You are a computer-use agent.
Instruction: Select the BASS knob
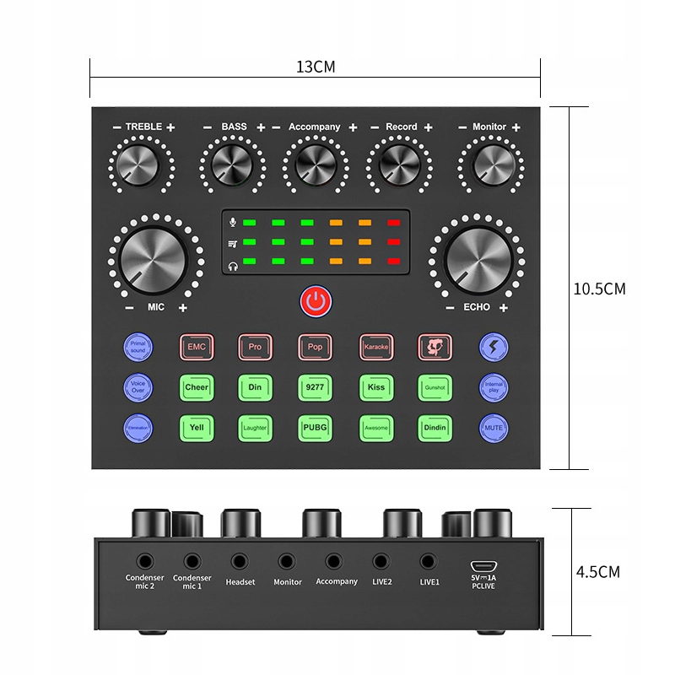click(x=231, y=164)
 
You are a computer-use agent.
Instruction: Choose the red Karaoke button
click(x=375, y=347)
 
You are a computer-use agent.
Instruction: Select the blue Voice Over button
click(x=138, y=387)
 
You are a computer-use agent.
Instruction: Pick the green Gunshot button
click(x=435, y=387)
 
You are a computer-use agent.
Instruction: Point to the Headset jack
click(x=240, y=560)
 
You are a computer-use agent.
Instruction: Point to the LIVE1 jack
click(x=428, y=560)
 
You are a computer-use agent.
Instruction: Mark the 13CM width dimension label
click(x=316, y=67)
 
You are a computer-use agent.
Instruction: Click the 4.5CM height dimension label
click(x=597, y=572)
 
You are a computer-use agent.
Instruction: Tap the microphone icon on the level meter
click(x=232, y=224)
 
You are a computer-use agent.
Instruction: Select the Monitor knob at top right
click(x=494, y=164)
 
